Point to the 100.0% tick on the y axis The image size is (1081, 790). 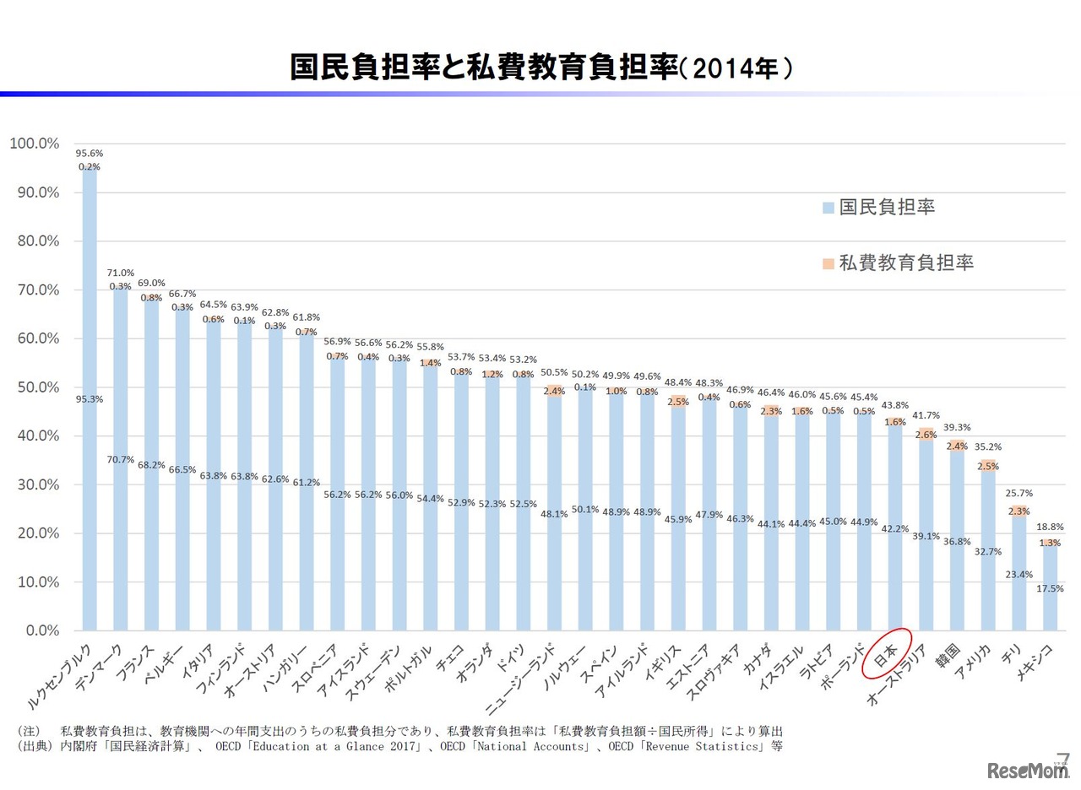[35, 143]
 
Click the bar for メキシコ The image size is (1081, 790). [1050, 591]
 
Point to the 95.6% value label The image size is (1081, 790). [90, 154]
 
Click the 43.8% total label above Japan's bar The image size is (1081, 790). [895, 405]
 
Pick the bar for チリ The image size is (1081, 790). [1019, 574]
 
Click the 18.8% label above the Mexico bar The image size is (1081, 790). [1050, 526]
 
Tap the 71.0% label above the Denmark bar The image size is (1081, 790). [120, 273]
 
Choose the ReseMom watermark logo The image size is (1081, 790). [1025, 771]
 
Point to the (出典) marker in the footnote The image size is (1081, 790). [34, 746]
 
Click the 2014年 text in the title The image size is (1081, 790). [735, 68]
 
